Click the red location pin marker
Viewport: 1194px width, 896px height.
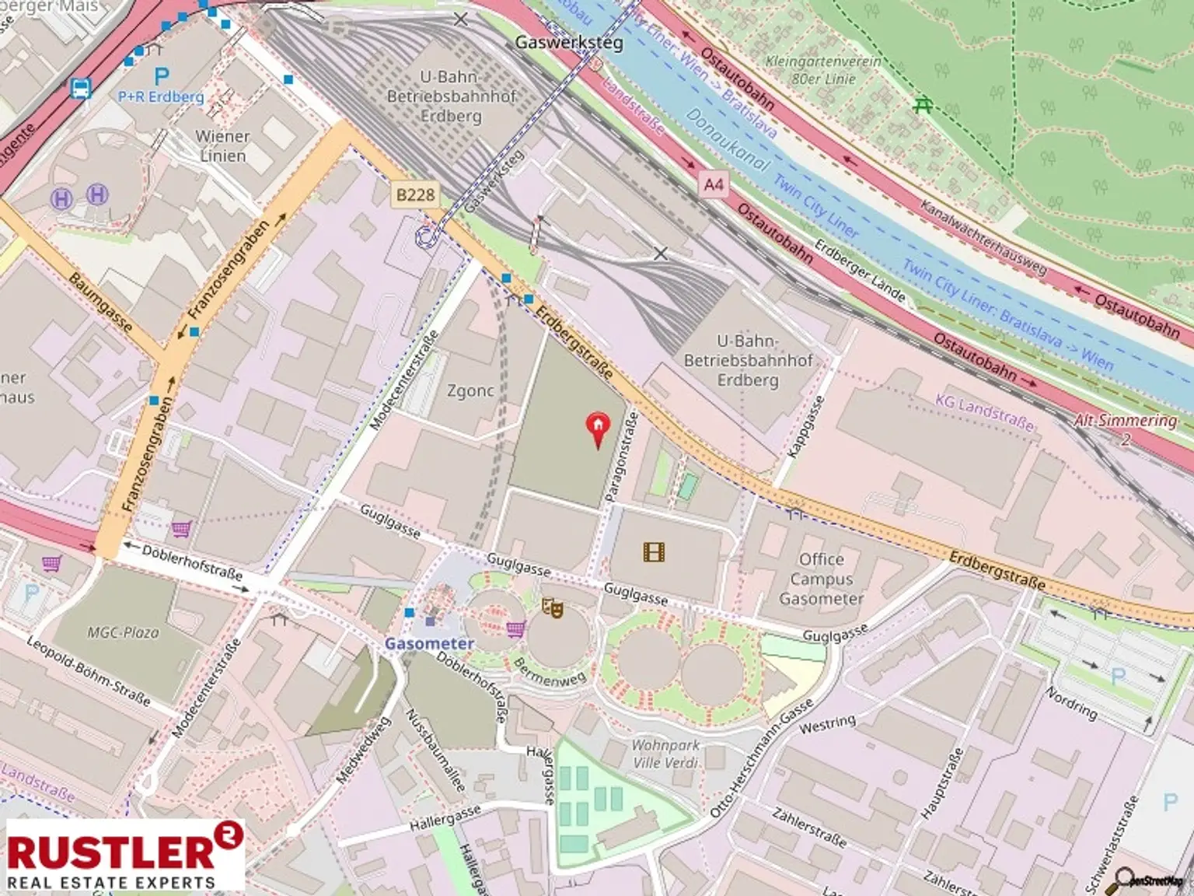point(597,429)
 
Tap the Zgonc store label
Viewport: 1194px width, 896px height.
point(470,390)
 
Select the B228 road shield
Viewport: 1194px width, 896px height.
point(416,194)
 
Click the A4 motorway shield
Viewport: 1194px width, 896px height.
point(713,184)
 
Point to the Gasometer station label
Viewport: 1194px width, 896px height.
point(429,643)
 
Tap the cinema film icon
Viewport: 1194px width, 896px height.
point(654,552)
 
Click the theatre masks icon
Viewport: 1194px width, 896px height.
point(552,607)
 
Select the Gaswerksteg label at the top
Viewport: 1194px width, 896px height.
point(569,43)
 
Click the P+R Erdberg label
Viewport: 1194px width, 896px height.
point(161,96)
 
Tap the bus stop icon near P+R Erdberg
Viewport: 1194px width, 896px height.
point(81,89)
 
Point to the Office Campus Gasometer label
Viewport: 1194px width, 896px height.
point(821,579)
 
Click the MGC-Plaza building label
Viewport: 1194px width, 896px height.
point(123,632)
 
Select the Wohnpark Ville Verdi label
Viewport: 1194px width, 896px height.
point(665,754)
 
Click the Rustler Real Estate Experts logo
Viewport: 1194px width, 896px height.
point(124,856)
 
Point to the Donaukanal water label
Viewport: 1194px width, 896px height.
point(727,140)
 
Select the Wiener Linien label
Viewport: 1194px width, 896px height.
point(222,146)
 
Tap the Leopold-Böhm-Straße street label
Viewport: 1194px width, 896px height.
point(88,671)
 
